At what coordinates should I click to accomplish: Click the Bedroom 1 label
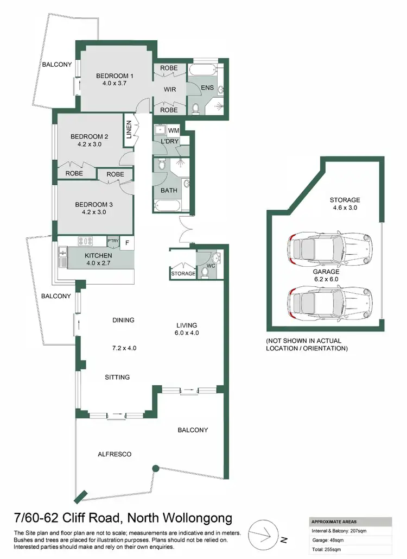pos(115,76)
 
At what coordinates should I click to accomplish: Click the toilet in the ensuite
pos(195,108)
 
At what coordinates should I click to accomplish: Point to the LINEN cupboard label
pos(129,131)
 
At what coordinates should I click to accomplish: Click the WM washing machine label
pos(174,130)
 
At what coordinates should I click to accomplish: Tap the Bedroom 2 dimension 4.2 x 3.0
pos(90,145)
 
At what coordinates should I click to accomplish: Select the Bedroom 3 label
pos(94,204)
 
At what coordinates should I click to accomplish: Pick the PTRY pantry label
pos(113,241)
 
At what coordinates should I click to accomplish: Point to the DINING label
pos(123,320)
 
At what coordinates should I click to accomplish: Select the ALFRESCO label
pos(116,454)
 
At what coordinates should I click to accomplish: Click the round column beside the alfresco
pos(155,468)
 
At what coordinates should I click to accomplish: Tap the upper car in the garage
pos(330,249)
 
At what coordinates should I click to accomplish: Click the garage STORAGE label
pos(345,200)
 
